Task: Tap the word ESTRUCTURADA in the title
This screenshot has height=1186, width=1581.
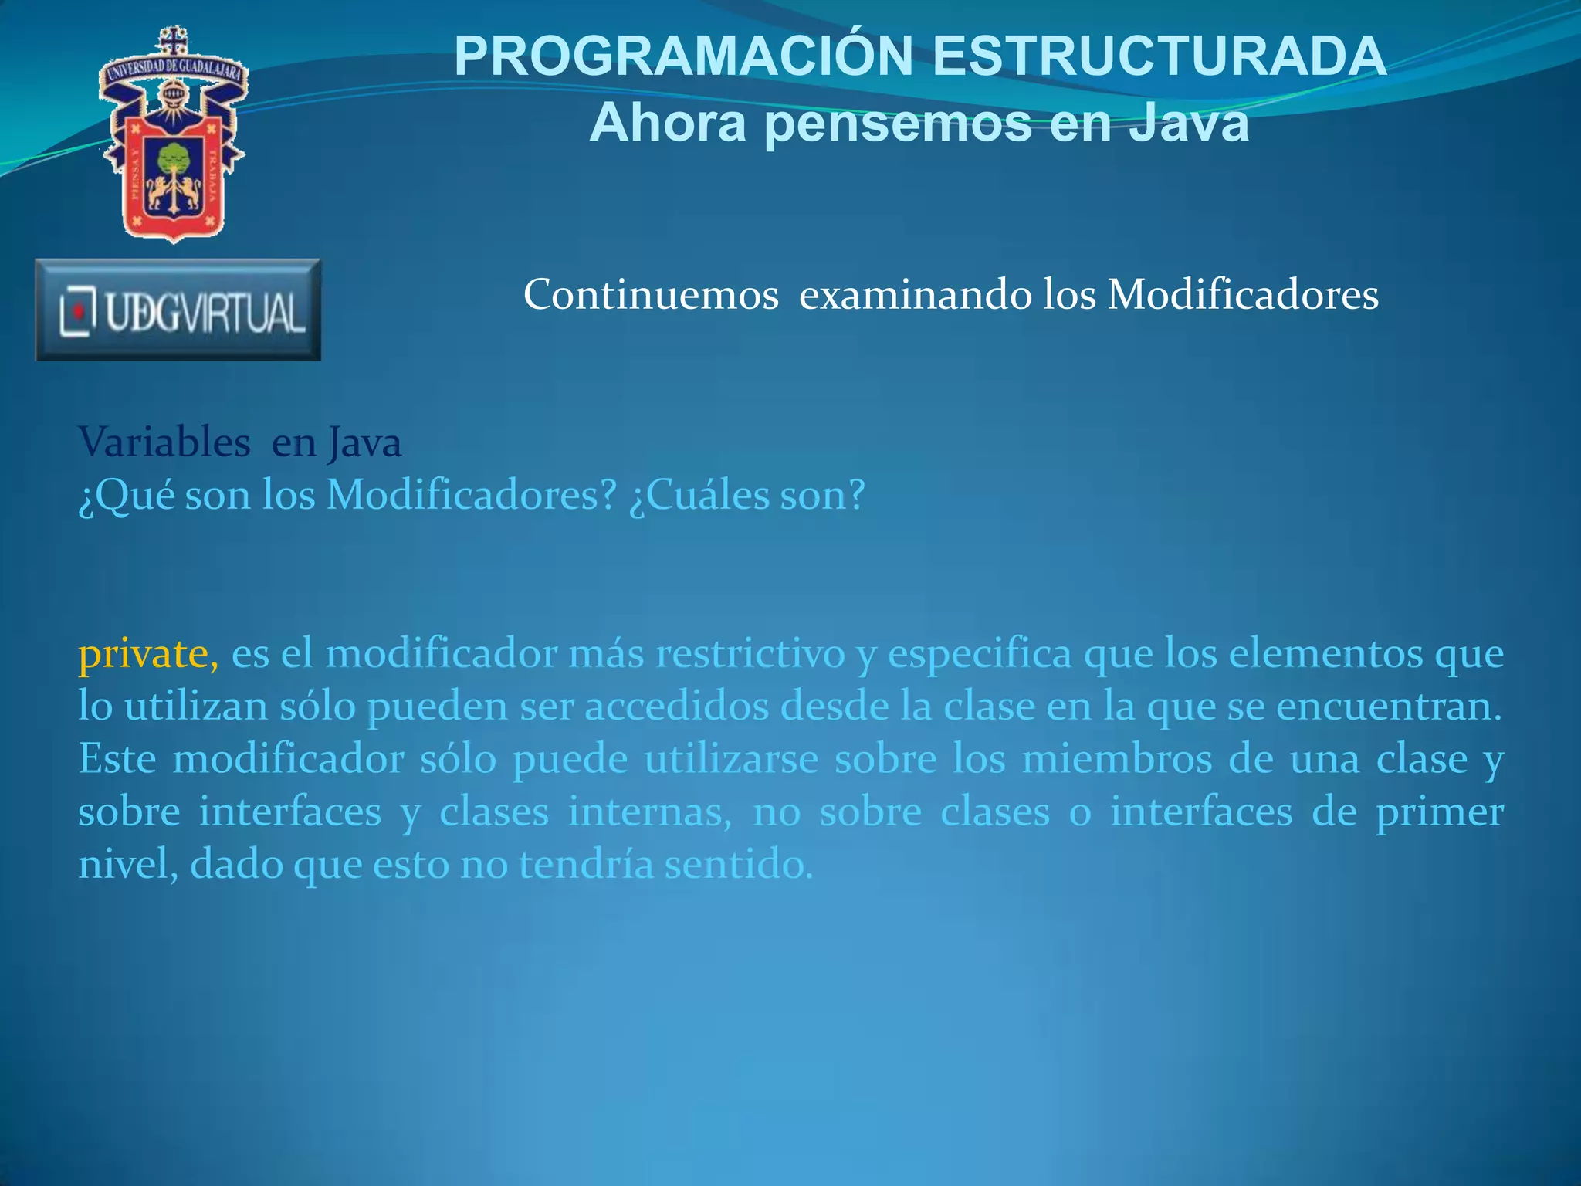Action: tap(1160, 56)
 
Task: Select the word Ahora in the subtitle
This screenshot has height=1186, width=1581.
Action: tap(668, 124)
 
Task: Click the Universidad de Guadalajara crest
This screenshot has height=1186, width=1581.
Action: tap(173, 135)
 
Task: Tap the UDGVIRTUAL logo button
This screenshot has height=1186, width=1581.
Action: tap(178, 310)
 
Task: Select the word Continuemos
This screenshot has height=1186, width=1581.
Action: tap(651, 295)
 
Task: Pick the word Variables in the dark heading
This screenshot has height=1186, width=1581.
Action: tap(164, 442)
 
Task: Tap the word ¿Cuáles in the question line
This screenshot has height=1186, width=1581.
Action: tap(699, 495)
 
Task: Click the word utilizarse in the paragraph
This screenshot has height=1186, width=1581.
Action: tap(731, 759)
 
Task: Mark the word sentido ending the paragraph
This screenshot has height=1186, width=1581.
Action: tap(739, 864)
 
